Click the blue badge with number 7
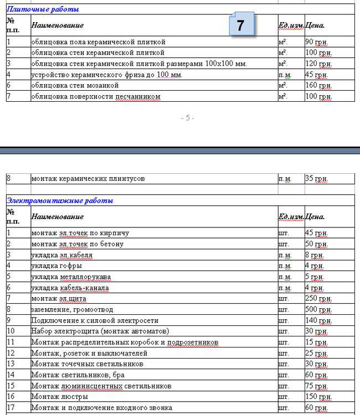tap(240, 25)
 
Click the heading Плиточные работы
tap(43, 9)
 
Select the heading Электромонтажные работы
tap(60, 200)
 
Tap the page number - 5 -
tap(187, 118)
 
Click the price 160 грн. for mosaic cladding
tap(318, 86)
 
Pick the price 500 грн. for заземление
tap(318, 309)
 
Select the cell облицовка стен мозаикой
tap(75, 86)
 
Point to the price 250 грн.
tap(318, 298)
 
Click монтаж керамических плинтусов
tap(88, 179)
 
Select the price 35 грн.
tap(316, 179)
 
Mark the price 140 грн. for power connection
tap(318, 320)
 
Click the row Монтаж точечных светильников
tap(87, 364)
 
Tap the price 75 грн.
tap(316, 386)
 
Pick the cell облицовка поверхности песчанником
tap(96, 97)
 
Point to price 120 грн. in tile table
tap(318, 64)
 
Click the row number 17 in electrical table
tap(11, 408)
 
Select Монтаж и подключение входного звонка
tap(101, 408)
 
